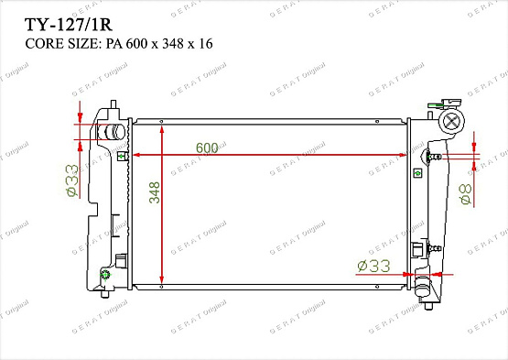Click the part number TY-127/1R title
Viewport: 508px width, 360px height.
[69, 25]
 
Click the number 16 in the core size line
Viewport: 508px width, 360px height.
[206, 43]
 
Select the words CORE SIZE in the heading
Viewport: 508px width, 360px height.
[61, 43]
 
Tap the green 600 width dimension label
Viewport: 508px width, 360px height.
[207, 147]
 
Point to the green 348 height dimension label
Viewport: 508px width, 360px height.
[155, 192]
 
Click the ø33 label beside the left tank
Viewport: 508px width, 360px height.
[72, 180]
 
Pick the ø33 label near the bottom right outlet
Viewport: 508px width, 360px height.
[373, 266]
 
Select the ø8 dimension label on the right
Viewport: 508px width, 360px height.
[466, 194]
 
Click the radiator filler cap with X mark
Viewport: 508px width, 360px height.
[451, 121]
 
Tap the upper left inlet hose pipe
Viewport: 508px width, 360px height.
[111, 132]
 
